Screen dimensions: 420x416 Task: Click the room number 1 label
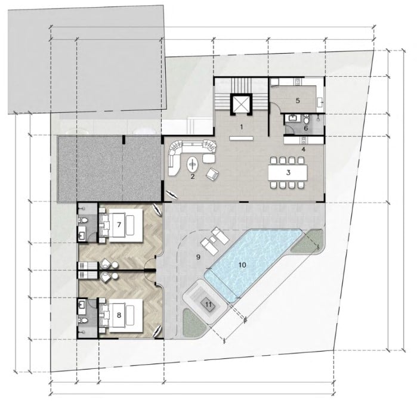click(x=242, y=127)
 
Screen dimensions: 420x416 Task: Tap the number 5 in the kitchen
click(x=298, y=101)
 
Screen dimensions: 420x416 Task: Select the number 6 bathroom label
click(x=306, y=128)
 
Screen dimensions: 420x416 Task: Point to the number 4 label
click(x=304, y=149)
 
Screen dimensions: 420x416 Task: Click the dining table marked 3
click(x=288, y=173)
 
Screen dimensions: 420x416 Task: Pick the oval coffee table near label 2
click(x=192, y=164)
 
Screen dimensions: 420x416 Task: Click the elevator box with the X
click(x=241, y=104)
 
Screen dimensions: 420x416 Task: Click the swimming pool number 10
click(x=242, y=265)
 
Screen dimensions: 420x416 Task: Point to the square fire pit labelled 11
click(x=208, y=305)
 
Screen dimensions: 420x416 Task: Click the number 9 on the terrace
click(x=198, y=257)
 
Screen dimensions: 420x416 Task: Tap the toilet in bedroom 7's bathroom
click(x=83, y=221)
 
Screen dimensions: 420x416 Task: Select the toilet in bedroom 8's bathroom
click(x=83, y=320)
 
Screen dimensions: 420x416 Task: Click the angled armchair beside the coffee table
click(x=212, y=174)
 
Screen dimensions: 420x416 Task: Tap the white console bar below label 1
click(x=241, y=138)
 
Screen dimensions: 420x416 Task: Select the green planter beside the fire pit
click(x=194, y=322)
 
